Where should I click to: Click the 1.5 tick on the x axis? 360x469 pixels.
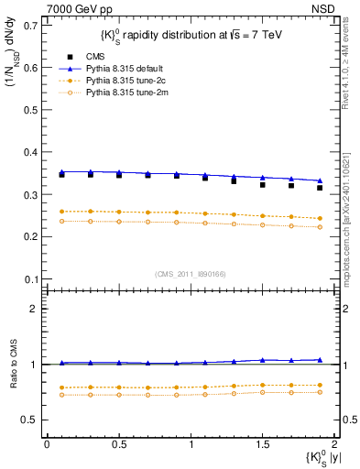pos(262,444)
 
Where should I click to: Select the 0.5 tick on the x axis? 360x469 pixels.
pos(118,444)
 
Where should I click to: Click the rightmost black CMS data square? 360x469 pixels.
pos(320,188)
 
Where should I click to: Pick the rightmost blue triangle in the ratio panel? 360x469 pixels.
pos(320,360)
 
